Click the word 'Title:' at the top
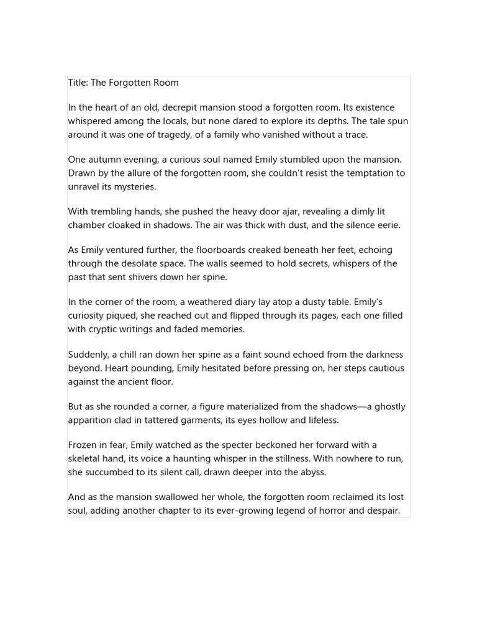coord(79,83)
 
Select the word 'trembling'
coord(114,212)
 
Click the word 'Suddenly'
coord(88,355)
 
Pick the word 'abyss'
coord(312,473)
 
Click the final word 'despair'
coord(383,511)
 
